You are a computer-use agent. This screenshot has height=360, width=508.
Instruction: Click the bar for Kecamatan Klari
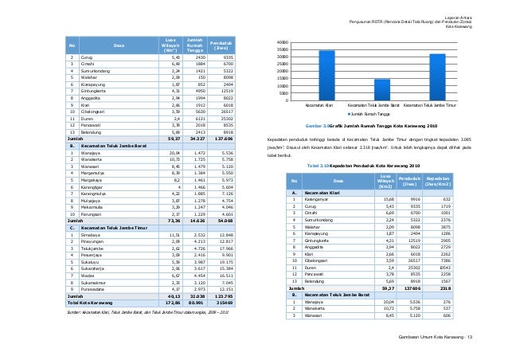[326, 75]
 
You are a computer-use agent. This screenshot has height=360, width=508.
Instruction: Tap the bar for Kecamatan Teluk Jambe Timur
[437, 76]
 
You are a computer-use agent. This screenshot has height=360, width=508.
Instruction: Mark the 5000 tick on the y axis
[284, 93]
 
